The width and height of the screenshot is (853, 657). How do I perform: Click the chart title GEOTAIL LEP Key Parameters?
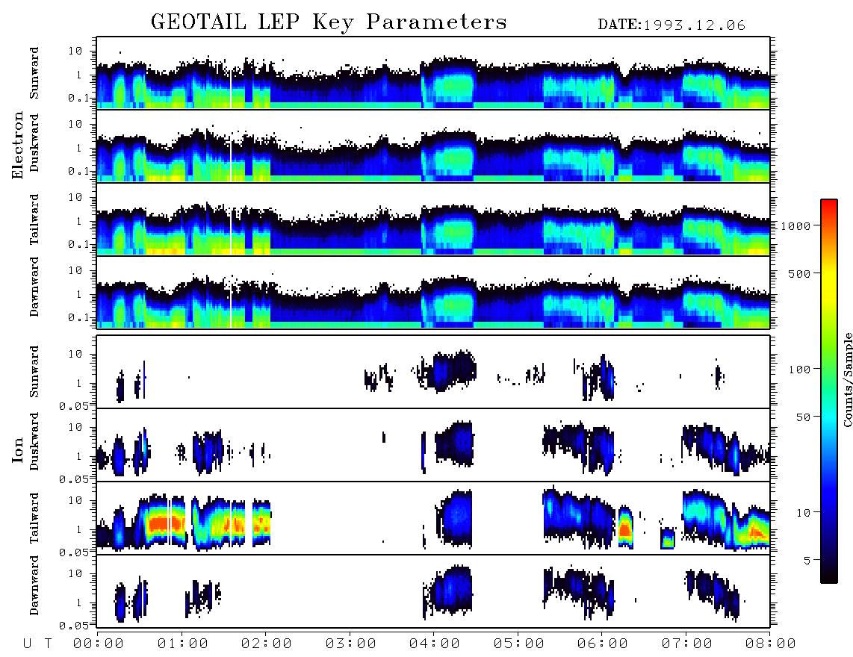tap(329, 22)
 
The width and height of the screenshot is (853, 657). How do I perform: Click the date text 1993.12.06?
tap(694, 25)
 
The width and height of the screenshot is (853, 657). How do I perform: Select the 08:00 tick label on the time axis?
tap(770, 644)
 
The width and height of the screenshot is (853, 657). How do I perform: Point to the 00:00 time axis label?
tap(98, 644)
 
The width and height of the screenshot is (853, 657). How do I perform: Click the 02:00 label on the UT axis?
tap(266, 644)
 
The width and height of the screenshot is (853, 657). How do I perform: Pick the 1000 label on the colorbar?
tap(795, 225)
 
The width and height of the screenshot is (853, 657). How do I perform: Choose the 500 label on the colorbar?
tap(799, 273)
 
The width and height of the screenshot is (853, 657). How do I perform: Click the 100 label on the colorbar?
tap(799, 370)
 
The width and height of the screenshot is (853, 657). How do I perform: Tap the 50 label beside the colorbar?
tap(803, 417)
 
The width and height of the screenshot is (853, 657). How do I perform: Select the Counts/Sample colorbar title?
tap(847, 379)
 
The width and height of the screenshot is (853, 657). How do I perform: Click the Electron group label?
tap(17, 145)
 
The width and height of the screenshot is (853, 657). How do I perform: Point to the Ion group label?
tap(17, 449)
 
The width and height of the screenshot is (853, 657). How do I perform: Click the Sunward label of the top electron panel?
tap(34, 73)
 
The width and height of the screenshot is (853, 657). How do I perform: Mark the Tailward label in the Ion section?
tap(34, 518)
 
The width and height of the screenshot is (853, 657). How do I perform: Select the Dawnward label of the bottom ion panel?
tap(34, 585)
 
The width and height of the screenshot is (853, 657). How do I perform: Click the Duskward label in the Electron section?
tap(34, 143)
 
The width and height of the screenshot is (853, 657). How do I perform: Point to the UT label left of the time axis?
tap(37, 644)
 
